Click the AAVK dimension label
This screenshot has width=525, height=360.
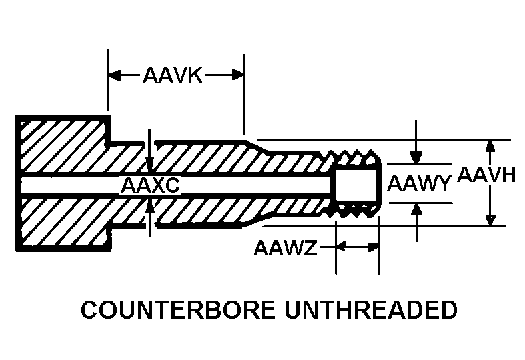(x=173, y=75)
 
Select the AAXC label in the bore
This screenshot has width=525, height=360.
(x=150, y=185)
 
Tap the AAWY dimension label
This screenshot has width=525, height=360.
(x=419, y=183)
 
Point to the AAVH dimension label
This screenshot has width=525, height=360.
(x=486, y=175)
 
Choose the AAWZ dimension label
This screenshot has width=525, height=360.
(x=285, y=248)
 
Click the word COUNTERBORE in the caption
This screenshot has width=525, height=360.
(x=179, y=309)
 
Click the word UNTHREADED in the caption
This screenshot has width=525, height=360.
(x=371, y=309)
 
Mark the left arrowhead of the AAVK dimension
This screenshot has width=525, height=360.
(x=115, y=75)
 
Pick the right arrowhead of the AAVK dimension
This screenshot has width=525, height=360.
(x=237, y=75)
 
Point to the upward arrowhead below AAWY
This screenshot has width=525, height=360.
(x=416, y=210)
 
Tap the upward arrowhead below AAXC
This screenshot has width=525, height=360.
(x=150, y=206)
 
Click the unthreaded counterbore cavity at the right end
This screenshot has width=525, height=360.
(x=356, y=184)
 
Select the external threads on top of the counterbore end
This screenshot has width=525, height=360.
(x=355, y=157)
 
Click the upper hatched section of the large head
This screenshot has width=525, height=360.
(x=63, y=147)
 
